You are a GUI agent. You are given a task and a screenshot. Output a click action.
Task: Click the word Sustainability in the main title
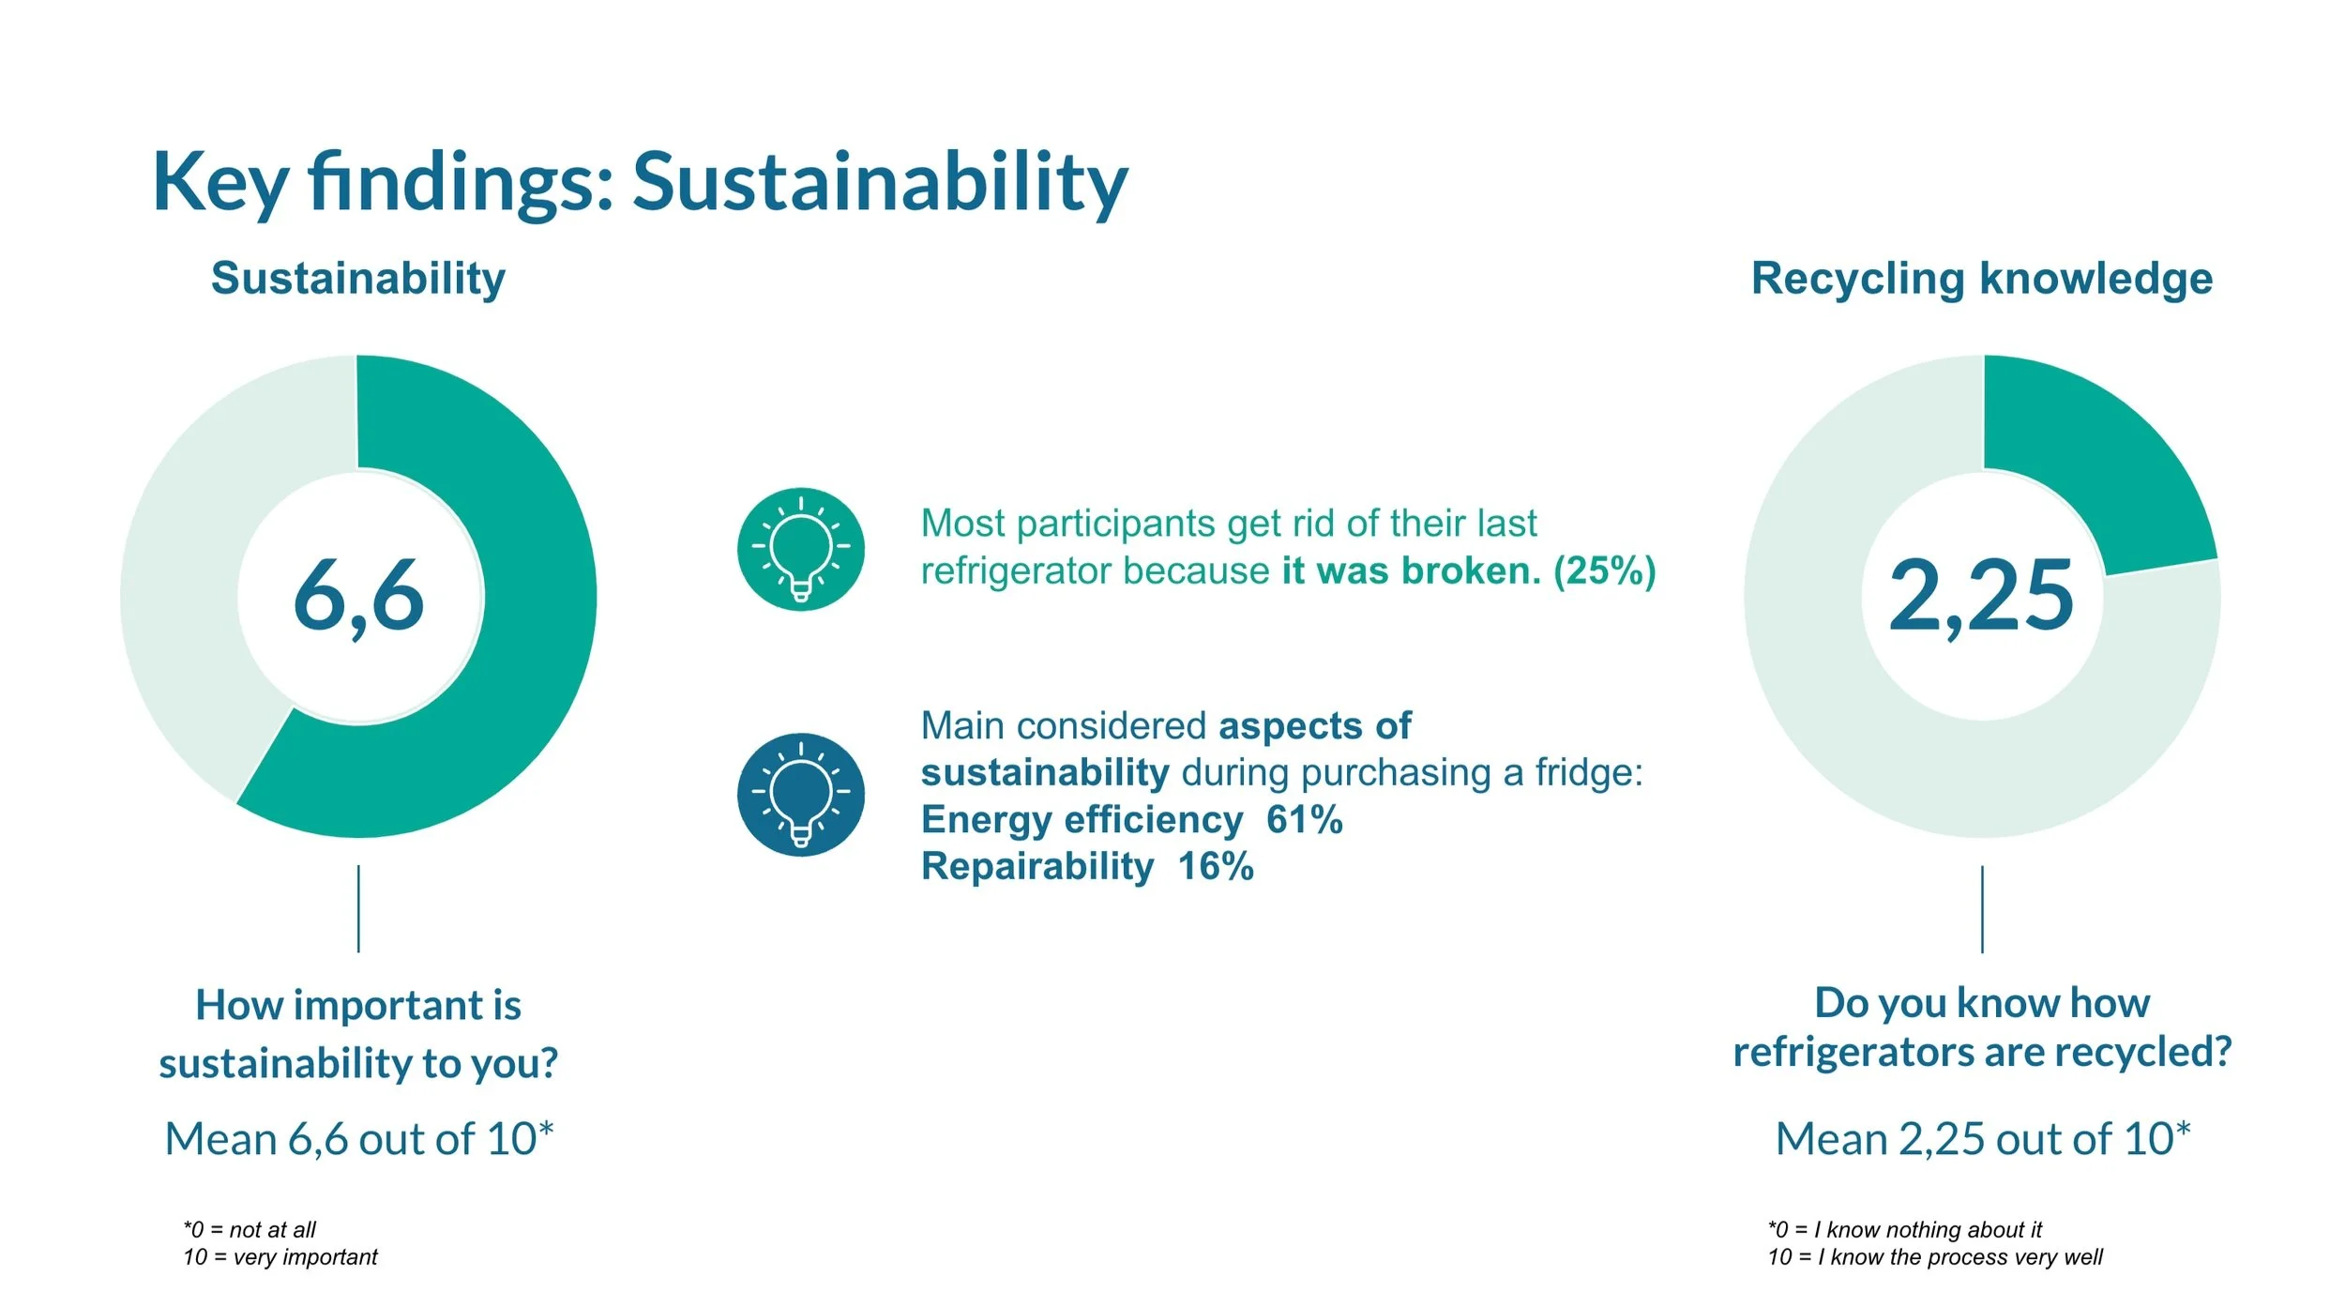(x=880, y=182)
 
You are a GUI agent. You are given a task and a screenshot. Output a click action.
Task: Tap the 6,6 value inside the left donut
(x=358, y=595)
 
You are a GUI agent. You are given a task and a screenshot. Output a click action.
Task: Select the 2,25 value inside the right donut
(x=1981, y=595)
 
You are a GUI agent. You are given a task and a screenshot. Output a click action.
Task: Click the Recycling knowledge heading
(x=1982, y=279)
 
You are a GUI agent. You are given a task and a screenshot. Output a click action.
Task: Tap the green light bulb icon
(x=800, y=549)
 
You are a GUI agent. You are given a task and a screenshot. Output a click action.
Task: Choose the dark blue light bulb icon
(x=800, y=795)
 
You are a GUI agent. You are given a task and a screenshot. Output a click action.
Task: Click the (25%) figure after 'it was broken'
(x=1605, y=570)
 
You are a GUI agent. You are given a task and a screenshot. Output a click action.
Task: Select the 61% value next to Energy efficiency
(x=1305, y=820)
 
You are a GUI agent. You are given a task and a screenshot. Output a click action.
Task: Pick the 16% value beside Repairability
(x=1216, y=867)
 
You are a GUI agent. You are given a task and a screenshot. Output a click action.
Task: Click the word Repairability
(x=1037, y=867)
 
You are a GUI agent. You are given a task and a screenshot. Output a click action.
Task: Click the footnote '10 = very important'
(x=280, y=1257)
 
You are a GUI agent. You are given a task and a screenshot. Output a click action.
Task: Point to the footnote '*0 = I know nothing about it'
(x=1904, y=1230)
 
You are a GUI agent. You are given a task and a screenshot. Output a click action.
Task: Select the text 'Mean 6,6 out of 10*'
(x=359, y=1139)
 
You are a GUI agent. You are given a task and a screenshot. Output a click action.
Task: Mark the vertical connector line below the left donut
(x=358, y=908)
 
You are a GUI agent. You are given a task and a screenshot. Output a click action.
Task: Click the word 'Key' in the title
(x=219, y=182)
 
